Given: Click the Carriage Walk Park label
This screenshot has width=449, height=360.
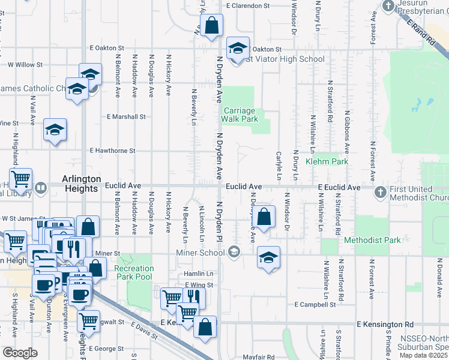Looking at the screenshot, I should coord(240,115).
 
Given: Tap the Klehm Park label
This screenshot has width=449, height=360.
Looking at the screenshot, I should coord(327,162).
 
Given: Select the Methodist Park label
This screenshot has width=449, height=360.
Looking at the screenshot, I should coord(372,240).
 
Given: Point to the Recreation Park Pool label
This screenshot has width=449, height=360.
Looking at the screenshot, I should coord(134,272).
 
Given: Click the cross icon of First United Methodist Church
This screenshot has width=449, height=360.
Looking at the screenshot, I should coord(379,192).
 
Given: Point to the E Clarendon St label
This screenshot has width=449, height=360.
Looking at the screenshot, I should coord(248,6).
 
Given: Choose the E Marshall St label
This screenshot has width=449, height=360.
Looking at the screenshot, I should coord(126,117).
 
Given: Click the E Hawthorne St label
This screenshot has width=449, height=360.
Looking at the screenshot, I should coord(112,151).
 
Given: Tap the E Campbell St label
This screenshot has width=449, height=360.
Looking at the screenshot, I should coord(315,305).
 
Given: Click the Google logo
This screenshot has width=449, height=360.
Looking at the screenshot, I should coord(20,353).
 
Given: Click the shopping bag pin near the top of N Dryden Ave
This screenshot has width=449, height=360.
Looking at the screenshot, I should coord(211,25).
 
